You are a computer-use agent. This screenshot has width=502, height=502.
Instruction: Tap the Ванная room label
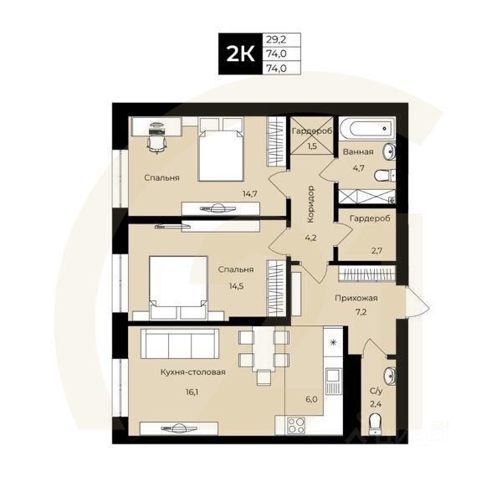point(357,152)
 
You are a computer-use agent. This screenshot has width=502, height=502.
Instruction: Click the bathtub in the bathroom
point(366,129)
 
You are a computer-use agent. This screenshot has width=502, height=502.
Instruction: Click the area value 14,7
point(250,193)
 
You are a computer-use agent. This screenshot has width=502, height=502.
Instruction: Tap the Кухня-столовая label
point(193,371)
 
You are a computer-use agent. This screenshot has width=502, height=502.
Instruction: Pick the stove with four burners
point(297,424)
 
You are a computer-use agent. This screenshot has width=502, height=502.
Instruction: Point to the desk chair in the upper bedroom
point(155,143)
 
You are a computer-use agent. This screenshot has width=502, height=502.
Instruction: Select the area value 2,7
point(375,248)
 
